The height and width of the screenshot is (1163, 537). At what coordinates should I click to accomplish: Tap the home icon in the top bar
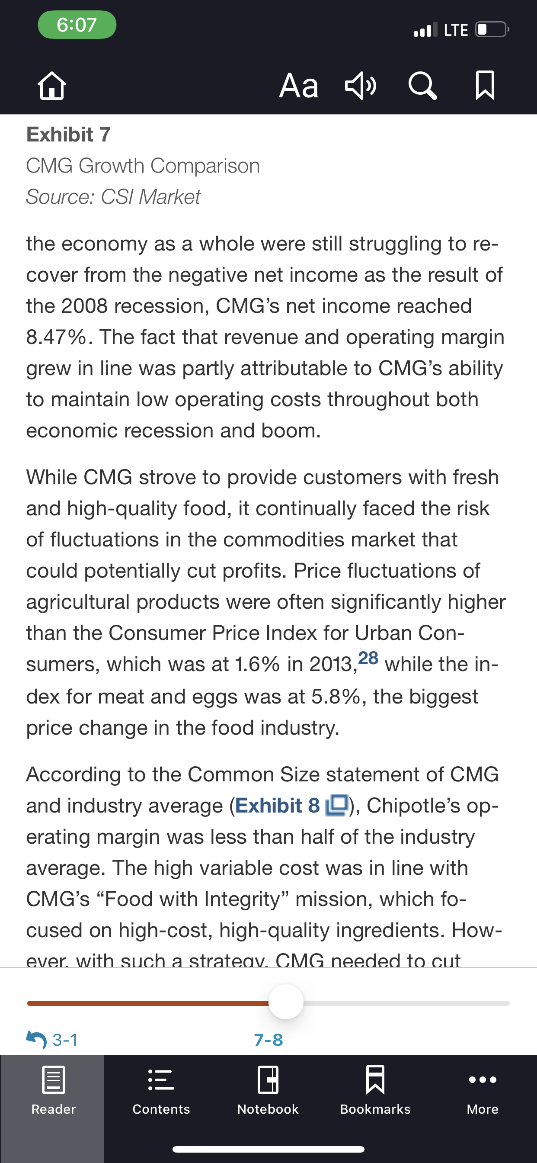click(52, 85)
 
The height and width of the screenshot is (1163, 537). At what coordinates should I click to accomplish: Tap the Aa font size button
click(299, 85)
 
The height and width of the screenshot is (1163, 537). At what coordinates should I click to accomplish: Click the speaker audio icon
click(361, 85)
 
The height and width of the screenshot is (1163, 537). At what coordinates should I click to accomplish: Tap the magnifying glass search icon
click(422, 85)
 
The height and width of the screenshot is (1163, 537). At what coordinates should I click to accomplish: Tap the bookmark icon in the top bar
click(485, 85)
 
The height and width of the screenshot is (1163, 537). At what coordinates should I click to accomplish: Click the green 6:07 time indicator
click(77, 25)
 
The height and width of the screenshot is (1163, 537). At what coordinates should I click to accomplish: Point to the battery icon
click(492, 30)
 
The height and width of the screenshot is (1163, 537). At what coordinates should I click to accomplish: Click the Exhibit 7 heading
click(69, 135)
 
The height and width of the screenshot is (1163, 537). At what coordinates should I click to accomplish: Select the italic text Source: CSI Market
click(113, 197)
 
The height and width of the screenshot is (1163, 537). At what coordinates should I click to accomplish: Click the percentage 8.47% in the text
click(56, 337)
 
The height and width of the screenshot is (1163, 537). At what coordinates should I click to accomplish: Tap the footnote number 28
click(368, 658)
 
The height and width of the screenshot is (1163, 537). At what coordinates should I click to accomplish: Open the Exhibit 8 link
click(291, 806)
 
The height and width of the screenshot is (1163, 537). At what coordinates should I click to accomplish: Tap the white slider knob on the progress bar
click(286, 1002)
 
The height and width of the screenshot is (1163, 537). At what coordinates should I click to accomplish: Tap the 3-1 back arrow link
click(52, 1040)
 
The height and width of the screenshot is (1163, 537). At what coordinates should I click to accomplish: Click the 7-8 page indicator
click(268, 1040)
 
